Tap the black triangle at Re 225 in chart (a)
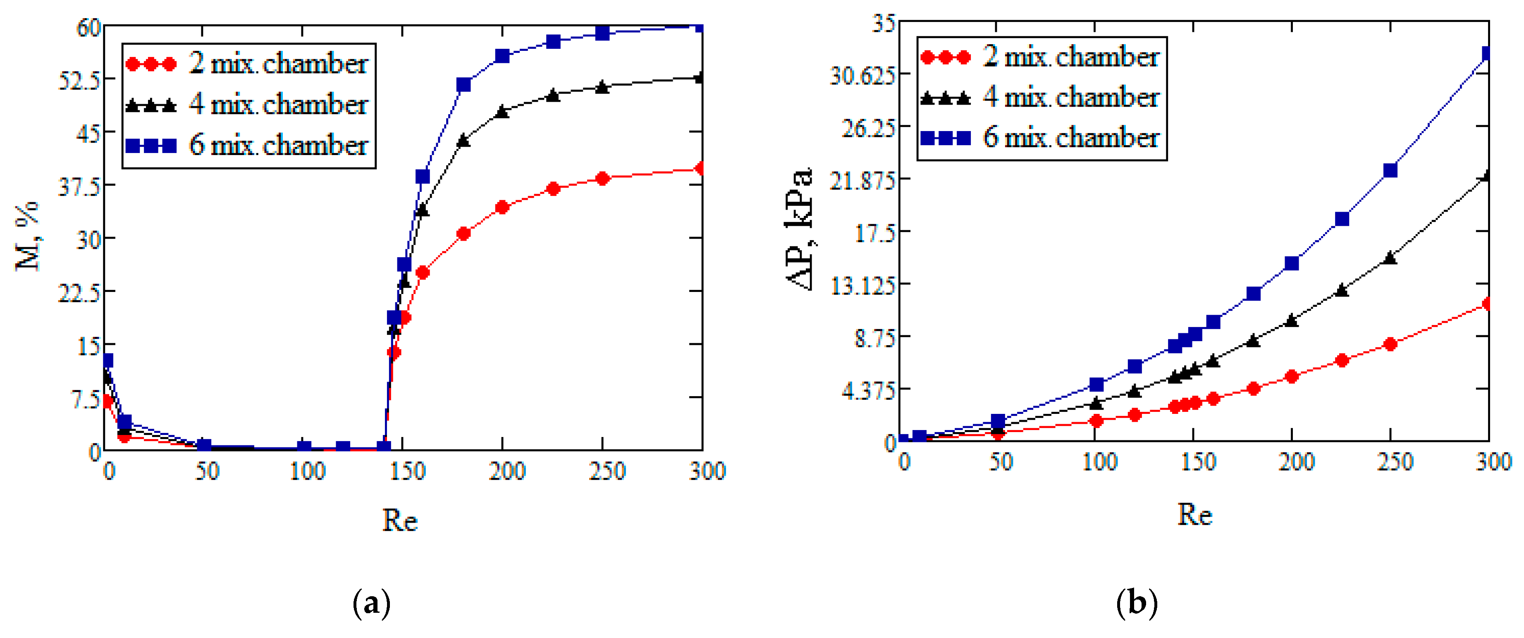553,95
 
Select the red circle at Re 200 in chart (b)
1292,376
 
